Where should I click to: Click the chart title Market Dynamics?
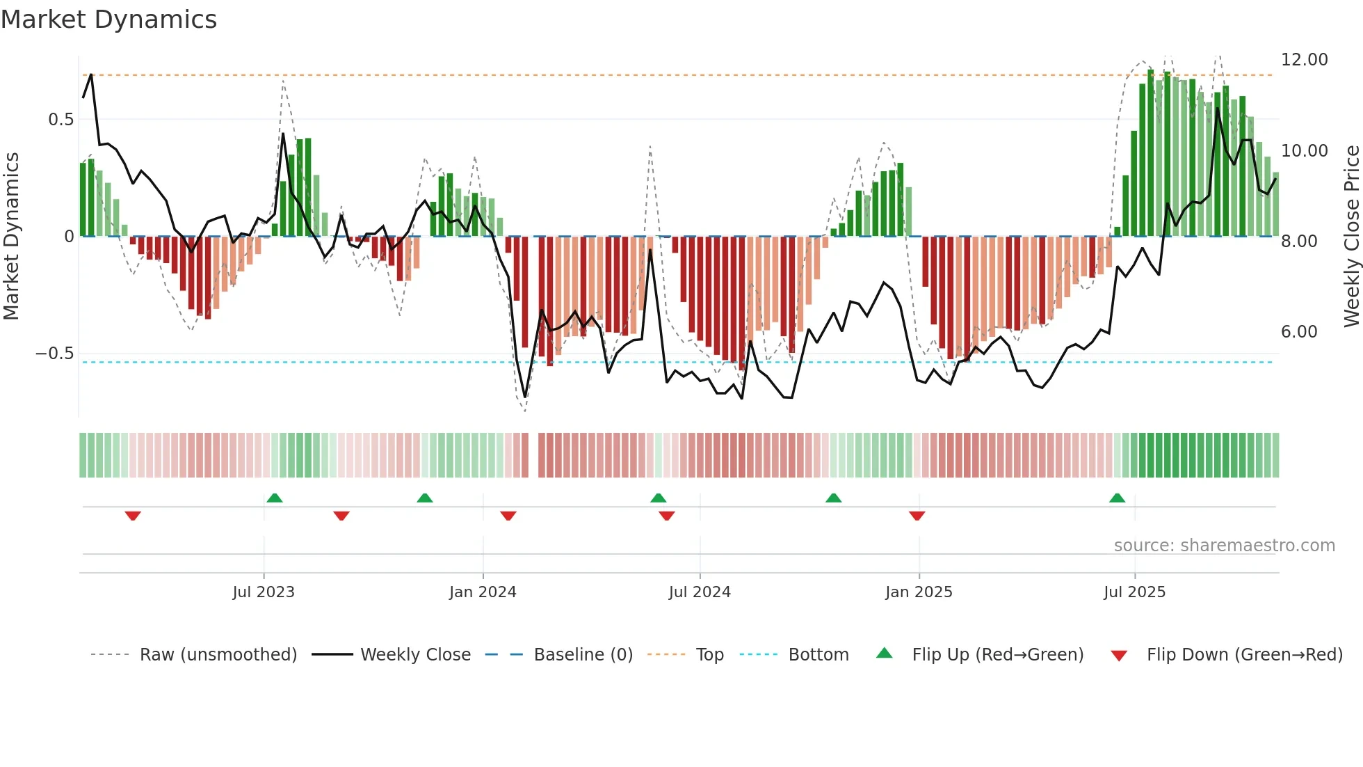[108, 19]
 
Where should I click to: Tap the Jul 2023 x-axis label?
[264, 592]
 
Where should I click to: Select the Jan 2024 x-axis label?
[483, 592]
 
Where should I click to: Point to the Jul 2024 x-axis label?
[700, 592]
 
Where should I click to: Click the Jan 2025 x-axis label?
[919, 592]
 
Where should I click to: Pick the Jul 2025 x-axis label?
[1134, 592]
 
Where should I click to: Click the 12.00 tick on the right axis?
[1304, 60]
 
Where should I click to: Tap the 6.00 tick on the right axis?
[1299, 332]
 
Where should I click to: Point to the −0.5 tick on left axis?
[54, 354]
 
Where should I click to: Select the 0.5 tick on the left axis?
[61, 120]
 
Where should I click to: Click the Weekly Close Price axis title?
[1351, 236]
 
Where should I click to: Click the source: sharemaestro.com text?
[1224, 546]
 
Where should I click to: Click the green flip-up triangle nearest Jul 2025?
[1117, 498]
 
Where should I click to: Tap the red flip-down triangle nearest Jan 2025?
[917, 516]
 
